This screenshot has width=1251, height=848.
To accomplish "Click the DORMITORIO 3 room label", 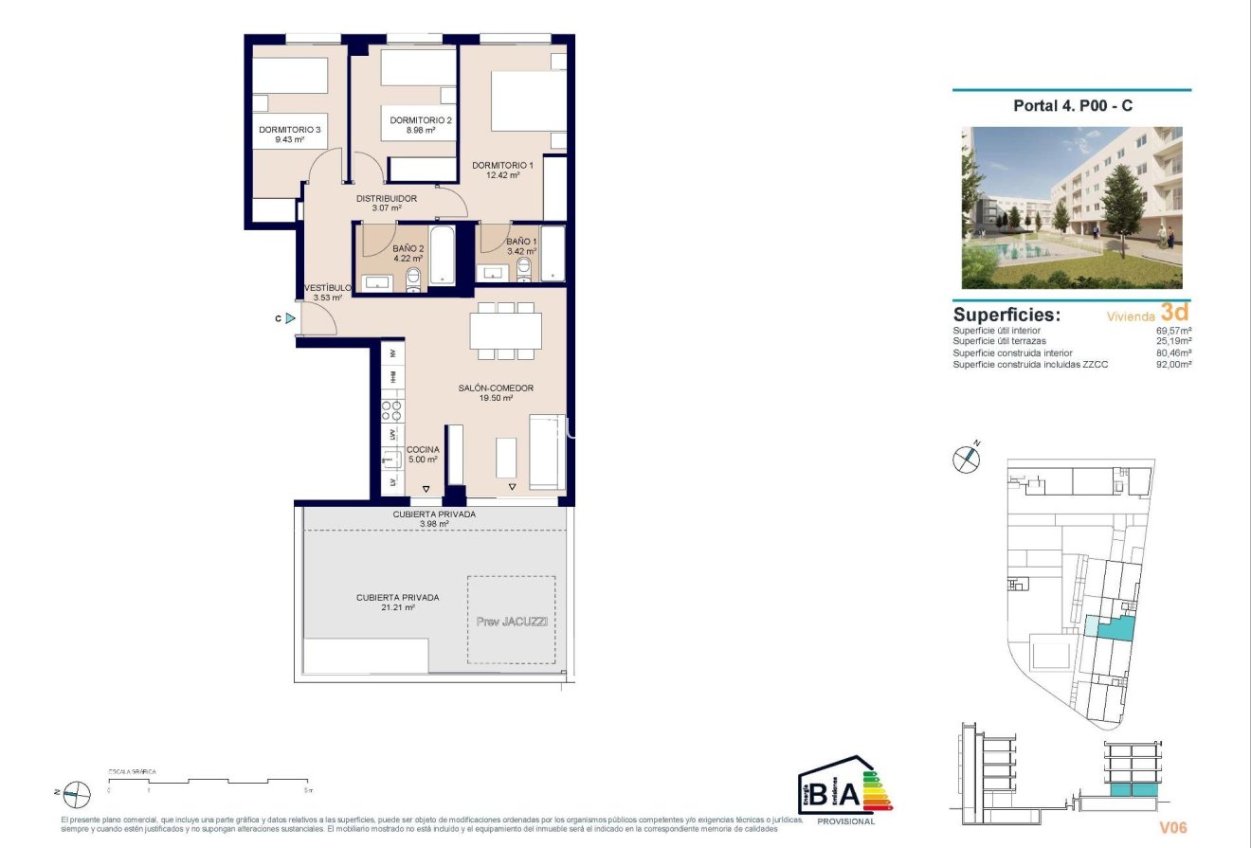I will pyautogui.click(x=290, y=130).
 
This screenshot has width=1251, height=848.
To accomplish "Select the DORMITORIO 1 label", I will pyautogui.click(x=502, y=165).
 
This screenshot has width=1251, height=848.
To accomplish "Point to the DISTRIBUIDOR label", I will pyautogui.click(x=386, y=198).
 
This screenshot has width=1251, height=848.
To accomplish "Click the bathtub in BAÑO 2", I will pyautogui.click(x=443, y=255).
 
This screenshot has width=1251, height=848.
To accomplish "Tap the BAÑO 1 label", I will pyautogui.click(x=521, y=242).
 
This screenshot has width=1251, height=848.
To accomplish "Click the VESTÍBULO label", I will pyautogui.click(x=328, y=287).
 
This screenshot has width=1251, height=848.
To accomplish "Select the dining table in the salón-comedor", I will pyautogui.click(x=505, y=332).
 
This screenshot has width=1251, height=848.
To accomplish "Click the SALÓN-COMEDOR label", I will pyautogui.click(x=496, y=388).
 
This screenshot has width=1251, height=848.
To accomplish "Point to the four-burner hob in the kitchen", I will pyautogui.click(x=392, y=410).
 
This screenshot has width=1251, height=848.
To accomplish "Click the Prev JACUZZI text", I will pyautogui.click(x=511, y=622).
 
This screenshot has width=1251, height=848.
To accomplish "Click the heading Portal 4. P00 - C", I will pyautogui.click(x=1072, y=106).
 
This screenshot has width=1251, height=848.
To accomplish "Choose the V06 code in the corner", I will pyautogui.click(x=1173, y=827).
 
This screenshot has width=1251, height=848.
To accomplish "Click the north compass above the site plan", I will pyautogui.click(x=965, y=460).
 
